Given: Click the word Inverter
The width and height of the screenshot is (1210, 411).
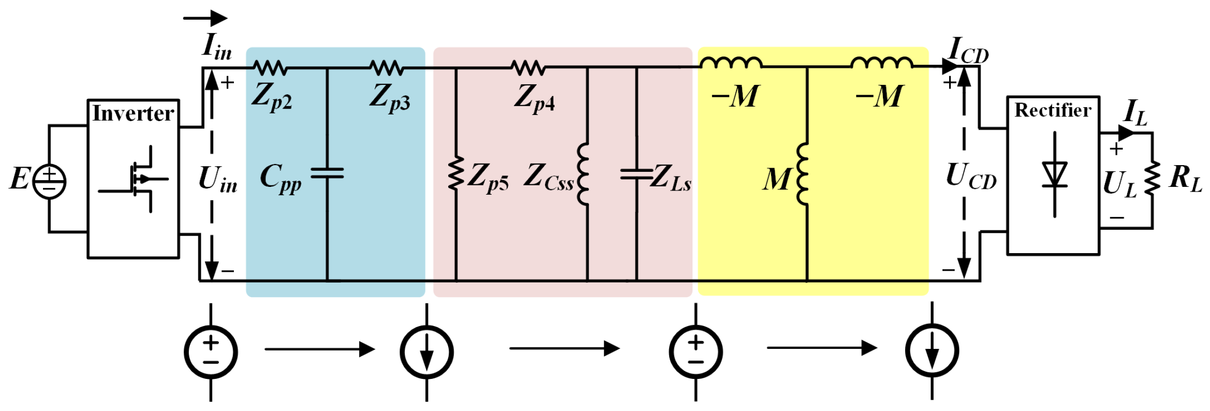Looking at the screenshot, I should (133, 113).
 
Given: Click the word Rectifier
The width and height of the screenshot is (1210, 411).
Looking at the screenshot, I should (1053, 110).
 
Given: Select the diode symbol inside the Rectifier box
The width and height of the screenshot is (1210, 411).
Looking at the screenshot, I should (1055, 174).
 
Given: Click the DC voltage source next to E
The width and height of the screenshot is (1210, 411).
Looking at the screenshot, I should (49, 181).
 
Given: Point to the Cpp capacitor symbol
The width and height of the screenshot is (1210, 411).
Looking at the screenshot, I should (327, 173).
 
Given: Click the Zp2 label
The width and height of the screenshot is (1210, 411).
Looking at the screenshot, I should (272, 97).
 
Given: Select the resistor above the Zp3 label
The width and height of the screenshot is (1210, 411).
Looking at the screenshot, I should (387, 68).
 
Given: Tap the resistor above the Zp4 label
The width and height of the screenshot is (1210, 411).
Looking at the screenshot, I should (528, 68).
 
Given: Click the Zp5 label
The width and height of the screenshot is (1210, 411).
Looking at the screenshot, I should (488, 177).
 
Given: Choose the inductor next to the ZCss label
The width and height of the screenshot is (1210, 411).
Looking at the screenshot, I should (584, 174).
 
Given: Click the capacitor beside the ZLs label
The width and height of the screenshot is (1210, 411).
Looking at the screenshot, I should (636, 174).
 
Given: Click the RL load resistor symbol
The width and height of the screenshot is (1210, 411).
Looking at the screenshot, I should (1153, 179).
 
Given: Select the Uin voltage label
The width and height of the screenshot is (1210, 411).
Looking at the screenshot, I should (218, 180).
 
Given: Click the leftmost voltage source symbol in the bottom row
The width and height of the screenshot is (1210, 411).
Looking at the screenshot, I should (211, 352).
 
